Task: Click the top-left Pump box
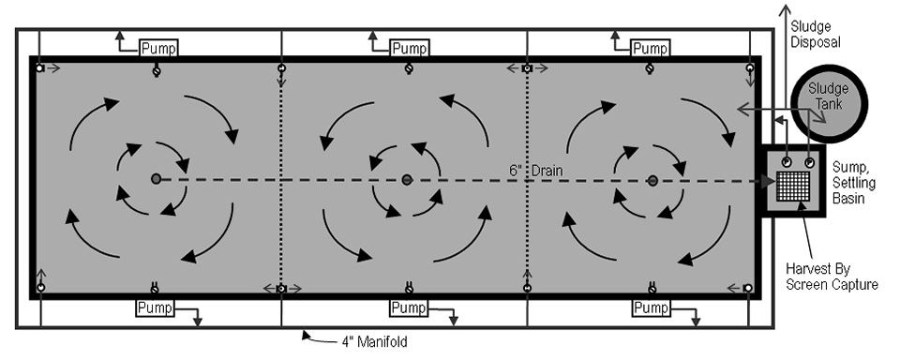tap(157, 47)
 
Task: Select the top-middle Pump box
tap(408, 47)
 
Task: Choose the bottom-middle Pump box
tap(408, 307)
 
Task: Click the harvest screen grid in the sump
tap(796, 184)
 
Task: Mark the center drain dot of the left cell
tap(156, 178)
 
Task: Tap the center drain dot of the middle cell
tap(407, 179)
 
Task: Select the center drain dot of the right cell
tap(652, 179)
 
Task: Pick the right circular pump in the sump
tap(809, 160)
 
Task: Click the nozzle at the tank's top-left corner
tap(39, 68)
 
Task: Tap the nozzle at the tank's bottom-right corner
tap(748, 287)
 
